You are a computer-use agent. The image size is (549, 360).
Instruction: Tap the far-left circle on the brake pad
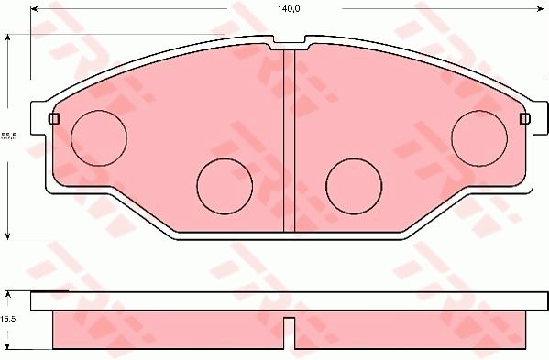[98, 135]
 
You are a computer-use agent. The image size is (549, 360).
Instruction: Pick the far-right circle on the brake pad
[479, 135]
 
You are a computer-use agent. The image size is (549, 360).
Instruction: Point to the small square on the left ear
[52, 119]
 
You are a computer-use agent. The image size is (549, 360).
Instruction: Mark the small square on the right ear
[524, 119]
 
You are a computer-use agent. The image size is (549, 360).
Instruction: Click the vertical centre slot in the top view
[289, 137]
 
